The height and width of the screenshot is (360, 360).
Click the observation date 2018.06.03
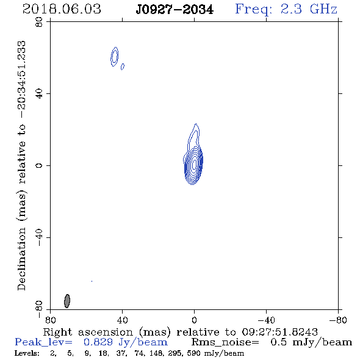(62, 9)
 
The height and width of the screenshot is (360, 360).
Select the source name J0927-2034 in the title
(175, 10)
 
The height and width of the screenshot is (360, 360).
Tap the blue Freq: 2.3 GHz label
(286, 9)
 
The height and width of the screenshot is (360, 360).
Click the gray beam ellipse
(67, 301)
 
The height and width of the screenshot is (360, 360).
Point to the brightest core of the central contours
(195, 164)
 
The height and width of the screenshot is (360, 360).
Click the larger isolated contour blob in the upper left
(115, 57)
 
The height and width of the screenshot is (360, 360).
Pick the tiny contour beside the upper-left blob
(123, 67)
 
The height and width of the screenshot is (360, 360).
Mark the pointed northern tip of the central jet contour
(196, 124)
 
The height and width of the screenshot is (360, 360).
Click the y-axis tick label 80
(39, 22)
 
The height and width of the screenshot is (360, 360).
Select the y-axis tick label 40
(39, 94)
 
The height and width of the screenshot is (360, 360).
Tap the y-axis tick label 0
(39, 165)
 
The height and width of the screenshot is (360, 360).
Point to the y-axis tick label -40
(39, 237)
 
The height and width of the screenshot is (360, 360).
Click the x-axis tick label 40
(122, 320)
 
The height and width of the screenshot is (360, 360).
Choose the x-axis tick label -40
(266, 320)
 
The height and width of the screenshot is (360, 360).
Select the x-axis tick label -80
(338, 320)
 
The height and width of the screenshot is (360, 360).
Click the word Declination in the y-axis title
(21, 259)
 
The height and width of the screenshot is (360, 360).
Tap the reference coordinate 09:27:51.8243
(279, 332)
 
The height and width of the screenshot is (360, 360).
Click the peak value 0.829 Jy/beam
(126, 342)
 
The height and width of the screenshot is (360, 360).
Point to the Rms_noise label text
(225, 342)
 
